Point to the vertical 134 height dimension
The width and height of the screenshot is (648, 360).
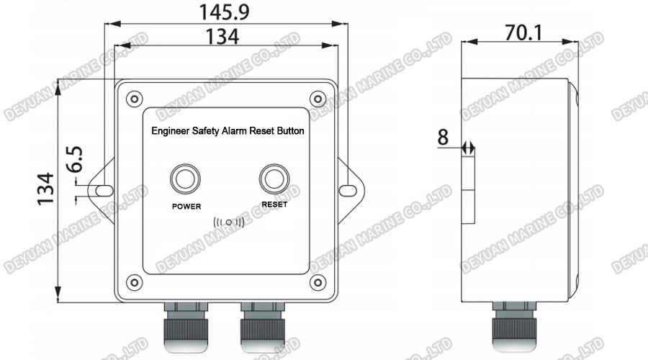pos(45,189)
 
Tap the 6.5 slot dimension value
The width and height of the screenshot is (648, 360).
pos(74,160)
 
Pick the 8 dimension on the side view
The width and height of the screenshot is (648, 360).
pos(443,136)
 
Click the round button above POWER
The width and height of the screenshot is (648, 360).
pos(184,179)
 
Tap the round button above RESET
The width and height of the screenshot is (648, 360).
pos(274,179)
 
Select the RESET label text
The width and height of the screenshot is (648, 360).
pos(274,204)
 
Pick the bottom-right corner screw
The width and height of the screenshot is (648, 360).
pos(317,281)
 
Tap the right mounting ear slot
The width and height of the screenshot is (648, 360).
pos(348,190)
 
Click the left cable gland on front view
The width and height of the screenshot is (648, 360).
pos(186,328)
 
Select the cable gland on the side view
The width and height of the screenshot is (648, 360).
pos(512,328)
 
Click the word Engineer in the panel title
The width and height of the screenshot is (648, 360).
pos(171,132)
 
